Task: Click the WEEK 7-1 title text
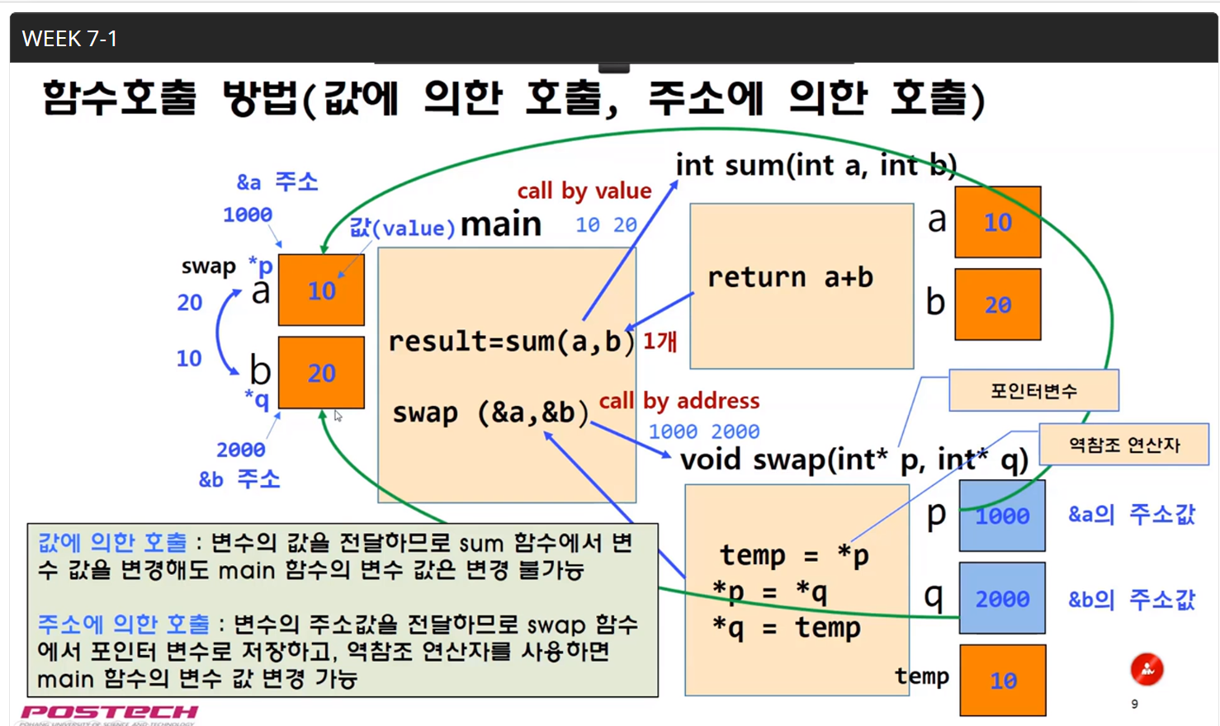click(69, 39)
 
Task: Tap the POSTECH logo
click(109, 712)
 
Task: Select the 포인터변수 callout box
click(1033, 390)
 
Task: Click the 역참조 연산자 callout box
click(1123, 445)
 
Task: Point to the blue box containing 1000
click(1002, 516)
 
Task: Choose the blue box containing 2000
click(1002, 598)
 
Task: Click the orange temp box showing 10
click(1003, 681)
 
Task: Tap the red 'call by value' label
click(584, 191)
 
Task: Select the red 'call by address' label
click(679, 401)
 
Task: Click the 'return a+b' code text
click(789, 277)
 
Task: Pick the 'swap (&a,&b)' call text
click(490, 412)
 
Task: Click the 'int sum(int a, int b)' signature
click(816, 166)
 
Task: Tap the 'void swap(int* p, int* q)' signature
click(854, 460)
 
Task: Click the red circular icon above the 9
click(1147, 669)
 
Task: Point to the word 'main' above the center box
click(500, 224)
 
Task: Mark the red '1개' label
click(660, 341)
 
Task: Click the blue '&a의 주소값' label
click(1131, 515)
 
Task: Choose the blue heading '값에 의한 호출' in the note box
click(112, 543)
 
